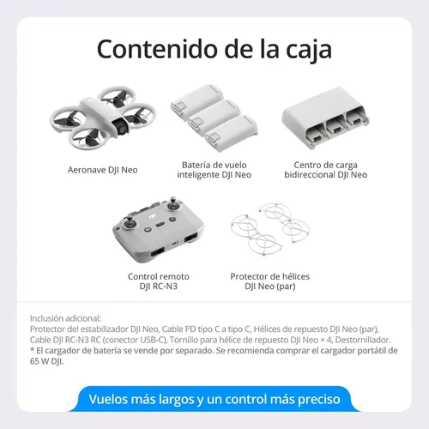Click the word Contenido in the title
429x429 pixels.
coord(158,49)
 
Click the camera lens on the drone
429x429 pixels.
coord(123,128)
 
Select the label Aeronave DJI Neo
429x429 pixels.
coord(103,170)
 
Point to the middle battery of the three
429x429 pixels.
coord(214,118)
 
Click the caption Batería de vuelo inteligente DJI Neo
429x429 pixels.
coord(214,170)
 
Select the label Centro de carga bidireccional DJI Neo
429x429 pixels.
coord(325,170)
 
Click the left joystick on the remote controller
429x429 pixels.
coord(130,222)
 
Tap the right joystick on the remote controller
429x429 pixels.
coord(173,204)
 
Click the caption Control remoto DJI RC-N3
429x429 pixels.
coord(158,281)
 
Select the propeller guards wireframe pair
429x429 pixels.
coord(270,229)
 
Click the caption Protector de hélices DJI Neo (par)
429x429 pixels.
coord(270,281)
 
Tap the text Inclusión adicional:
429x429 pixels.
coord(65,318)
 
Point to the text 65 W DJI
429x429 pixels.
coord(46,361)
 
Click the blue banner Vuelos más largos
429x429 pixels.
coord(214,399)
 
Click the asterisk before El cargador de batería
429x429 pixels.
coord(33,349)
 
